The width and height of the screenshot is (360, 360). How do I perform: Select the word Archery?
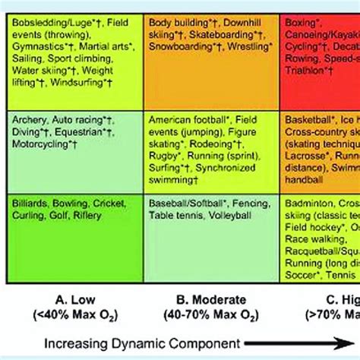pyautogui.click(x=27, y=119)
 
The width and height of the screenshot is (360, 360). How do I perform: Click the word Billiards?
pyautogui.click(x=30, y=204)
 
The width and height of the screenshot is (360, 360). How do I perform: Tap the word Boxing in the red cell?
pyautogui.click(x=300, y=24)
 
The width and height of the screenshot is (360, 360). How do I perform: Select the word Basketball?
pyautogui.click(x=307, y=119)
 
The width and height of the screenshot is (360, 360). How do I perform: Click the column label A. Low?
pyautogui.click(x=62, y=298)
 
